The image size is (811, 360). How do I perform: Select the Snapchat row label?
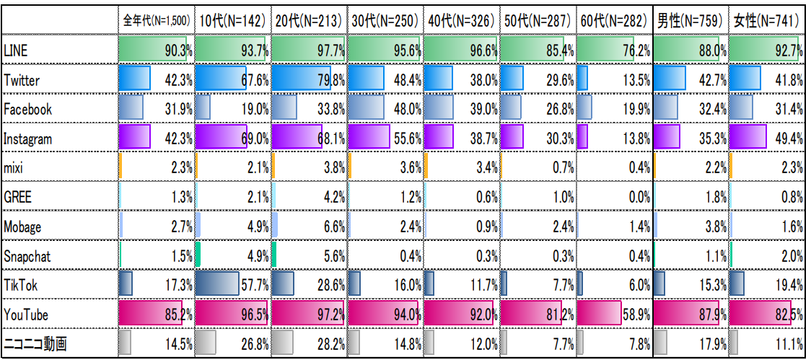click(x=27, y=256)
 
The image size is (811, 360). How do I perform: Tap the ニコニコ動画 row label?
click(x=35, y=344)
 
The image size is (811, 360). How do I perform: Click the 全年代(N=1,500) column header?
click(x=157, y=20)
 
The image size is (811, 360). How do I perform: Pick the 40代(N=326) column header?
click(x=461, y=20)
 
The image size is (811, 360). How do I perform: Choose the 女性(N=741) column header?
click(x=766, y=20)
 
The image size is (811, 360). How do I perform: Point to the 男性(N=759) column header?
click(x=689, y=20)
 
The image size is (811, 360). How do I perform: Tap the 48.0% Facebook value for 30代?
click(x=404, y=110)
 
